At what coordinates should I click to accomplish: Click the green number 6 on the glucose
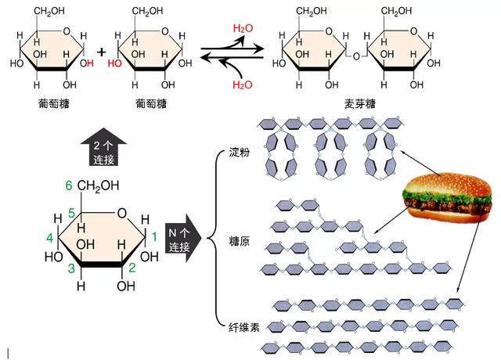click(69, 185)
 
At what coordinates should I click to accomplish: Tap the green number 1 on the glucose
click(154, 236)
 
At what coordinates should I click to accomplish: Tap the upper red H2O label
click(243, 28)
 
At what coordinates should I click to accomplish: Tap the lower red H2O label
click(243, 85)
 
